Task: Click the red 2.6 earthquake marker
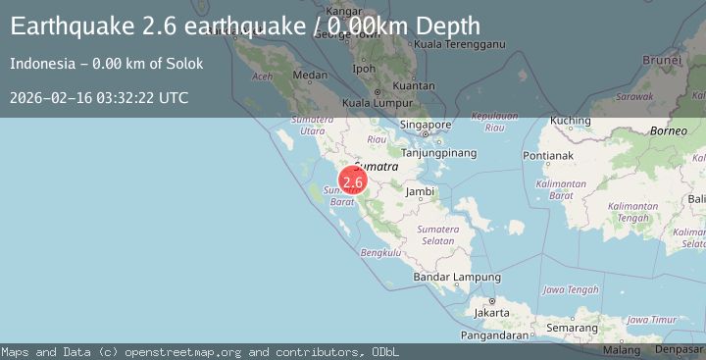pyautogui.click(x=353, y=181)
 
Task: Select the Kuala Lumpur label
pyautogui.click(x=376, y=103)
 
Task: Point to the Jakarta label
pyautogui.click(x=490, y=313)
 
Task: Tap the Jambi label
pyautogui.click(x=421, y=191)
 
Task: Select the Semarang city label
pyautogui.click(x=573, y=327)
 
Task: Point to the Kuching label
pyautogui.click(x=570, y=121)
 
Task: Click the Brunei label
pyautogui.click(x=682, y=59)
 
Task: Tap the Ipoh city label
pyautogui.click(x=363, y=70)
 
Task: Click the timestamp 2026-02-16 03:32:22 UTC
pyautogui.click(x=99, y=98)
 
